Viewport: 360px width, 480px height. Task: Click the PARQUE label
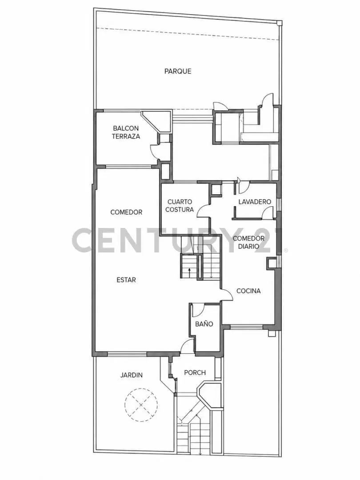[x=178, y=71]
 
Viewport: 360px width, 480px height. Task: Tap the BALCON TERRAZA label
[x=126, y=132]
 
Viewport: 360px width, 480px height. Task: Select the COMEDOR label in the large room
[x=126, y=212]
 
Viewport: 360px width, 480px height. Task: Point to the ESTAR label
[x=126, y=280]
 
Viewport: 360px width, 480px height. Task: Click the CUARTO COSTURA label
[x=180, y=206]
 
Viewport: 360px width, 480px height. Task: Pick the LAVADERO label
[x=255, y=202]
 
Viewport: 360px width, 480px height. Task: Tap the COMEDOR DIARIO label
[x=248, y=243]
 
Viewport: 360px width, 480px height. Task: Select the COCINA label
[x=248, y=291]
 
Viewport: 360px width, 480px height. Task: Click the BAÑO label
[x=204, y=324]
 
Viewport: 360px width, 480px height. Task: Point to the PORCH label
[x=195, y=372]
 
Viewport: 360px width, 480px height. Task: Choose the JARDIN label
[x=131, y=375]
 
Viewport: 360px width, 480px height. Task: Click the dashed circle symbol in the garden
[x=141, y=405]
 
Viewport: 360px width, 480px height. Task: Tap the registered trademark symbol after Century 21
[x=286, y=250]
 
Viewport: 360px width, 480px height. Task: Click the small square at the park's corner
[x=279, y=23]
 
